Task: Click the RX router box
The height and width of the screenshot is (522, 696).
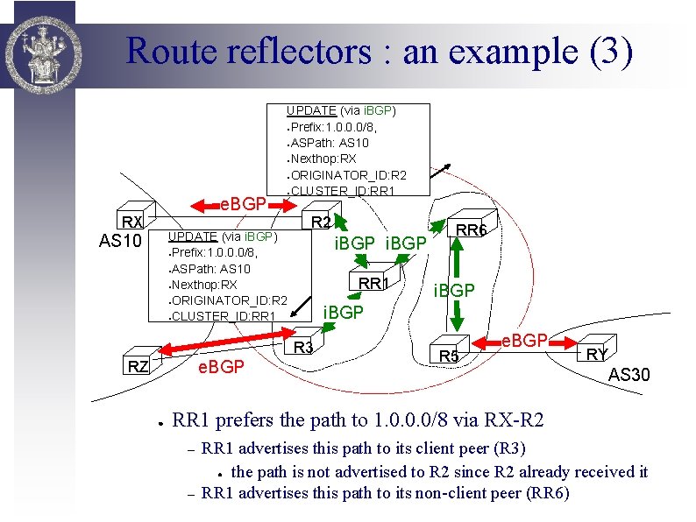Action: [x=133, y=222]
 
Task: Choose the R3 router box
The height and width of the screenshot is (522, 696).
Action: [x=303, y=347]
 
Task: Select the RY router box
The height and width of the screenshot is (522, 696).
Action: [x=596, y=353]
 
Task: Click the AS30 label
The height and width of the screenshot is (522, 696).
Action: [x=629, y=375]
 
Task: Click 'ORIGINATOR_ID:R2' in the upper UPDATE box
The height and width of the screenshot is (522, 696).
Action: [x=348, y=175]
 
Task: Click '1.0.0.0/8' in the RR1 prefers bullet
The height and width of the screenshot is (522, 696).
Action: [x=409, y=420]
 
